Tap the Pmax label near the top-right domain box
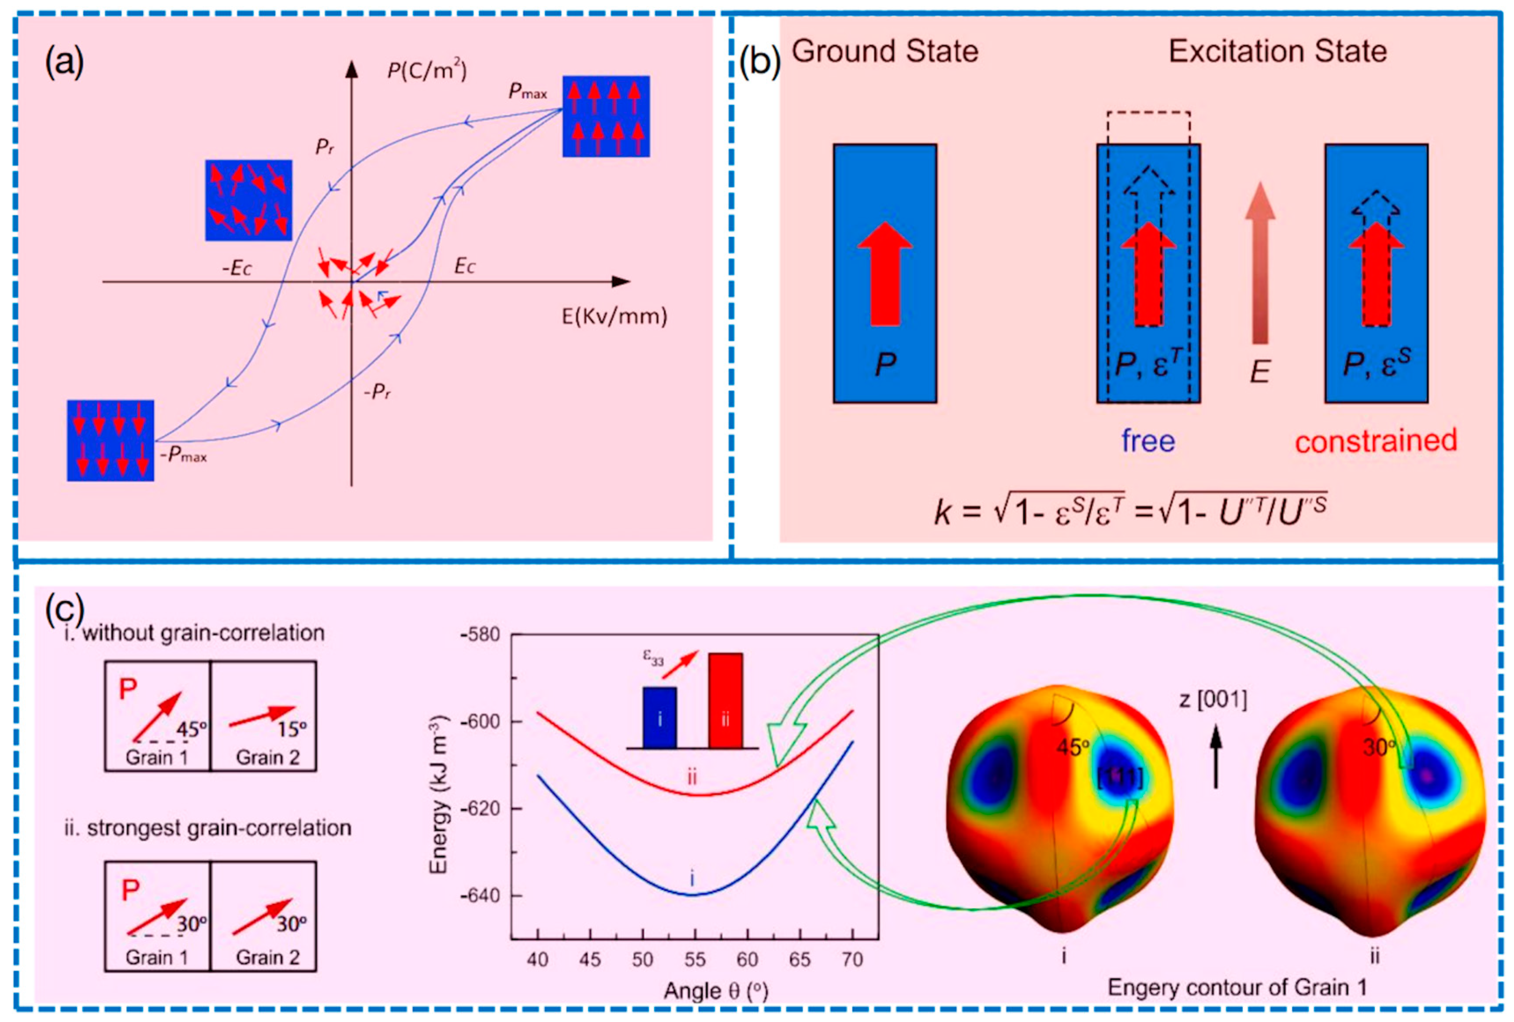coord(527,92)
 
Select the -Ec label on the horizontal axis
coord(237,268)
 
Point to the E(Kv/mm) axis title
coord(614,317)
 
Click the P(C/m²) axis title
coord(427,70)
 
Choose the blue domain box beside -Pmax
coord(110,440)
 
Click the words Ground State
coord(885,52)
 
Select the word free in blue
coord(1148,441)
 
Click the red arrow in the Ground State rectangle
coord(885,273)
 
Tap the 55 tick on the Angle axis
coord(695,959)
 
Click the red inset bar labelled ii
coord(725,700)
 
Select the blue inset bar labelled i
coord(659,717)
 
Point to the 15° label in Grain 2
coord(291,729)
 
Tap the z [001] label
coord(1213,700)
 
